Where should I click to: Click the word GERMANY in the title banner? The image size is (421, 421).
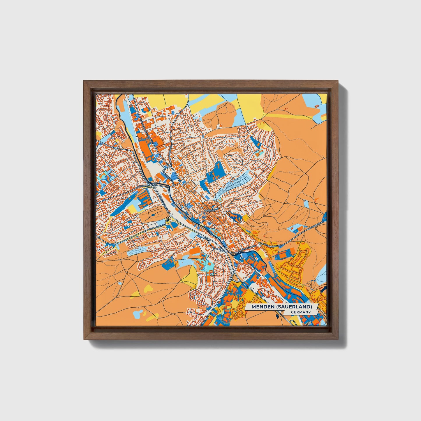coord(300,312)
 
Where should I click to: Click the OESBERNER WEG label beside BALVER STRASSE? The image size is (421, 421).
coord(271,246)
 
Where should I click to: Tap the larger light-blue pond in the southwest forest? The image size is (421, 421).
coord(138,314)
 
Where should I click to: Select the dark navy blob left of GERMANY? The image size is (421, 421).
coord(276,316)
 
